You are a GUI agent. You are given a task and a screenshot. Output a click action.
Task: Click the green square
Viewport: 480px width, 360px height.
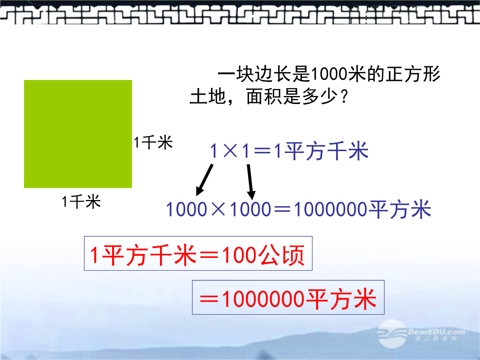tap(78, 134)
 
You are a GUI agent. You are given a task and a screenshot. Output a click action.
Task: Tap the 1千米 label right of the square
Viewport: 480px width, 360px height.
tap(153, 143)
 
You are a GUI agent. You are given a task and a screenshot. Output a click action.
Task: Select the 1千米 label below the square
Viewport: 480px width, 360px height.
tap(81, 202)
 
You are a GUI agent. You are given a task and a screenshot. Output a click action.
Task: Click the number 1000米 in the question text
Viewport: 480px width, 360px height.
tap(338, 74)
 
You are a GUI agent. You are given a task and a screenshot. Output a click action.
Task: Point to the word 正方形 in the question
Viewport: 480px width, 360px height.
tap(412, 74)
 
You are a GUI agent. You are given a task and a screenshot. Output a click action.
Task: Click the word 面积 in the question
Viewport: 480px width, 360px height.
tap(264, 97)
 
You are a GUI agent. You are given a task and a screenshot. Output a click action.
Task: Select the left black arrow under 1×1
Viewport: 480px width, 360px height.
tap(204, 180)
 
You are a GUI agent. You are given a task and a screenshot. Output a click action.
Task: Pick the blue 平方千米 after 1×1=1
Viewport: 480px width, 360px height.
tap(326, 151)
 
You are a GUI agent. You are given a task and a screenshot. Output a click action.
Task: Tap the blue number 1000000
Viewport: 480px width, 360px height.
tap(331, 209)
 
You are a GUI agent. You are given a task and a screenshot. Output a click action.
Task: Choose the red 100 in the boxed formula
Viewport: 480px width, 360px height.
tap(239, 255)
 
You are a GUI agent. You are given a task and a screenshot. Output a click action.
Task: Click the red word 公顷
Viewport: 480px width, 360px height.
tap(281, 255)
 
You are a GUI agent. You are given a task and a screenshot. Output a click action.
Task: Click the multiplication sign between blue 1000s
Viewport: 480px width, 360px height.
tap(218, 209)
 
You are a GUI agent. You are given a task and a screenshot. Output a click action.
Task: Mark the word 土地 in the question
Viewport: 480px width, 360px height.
tap(208, 97)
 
